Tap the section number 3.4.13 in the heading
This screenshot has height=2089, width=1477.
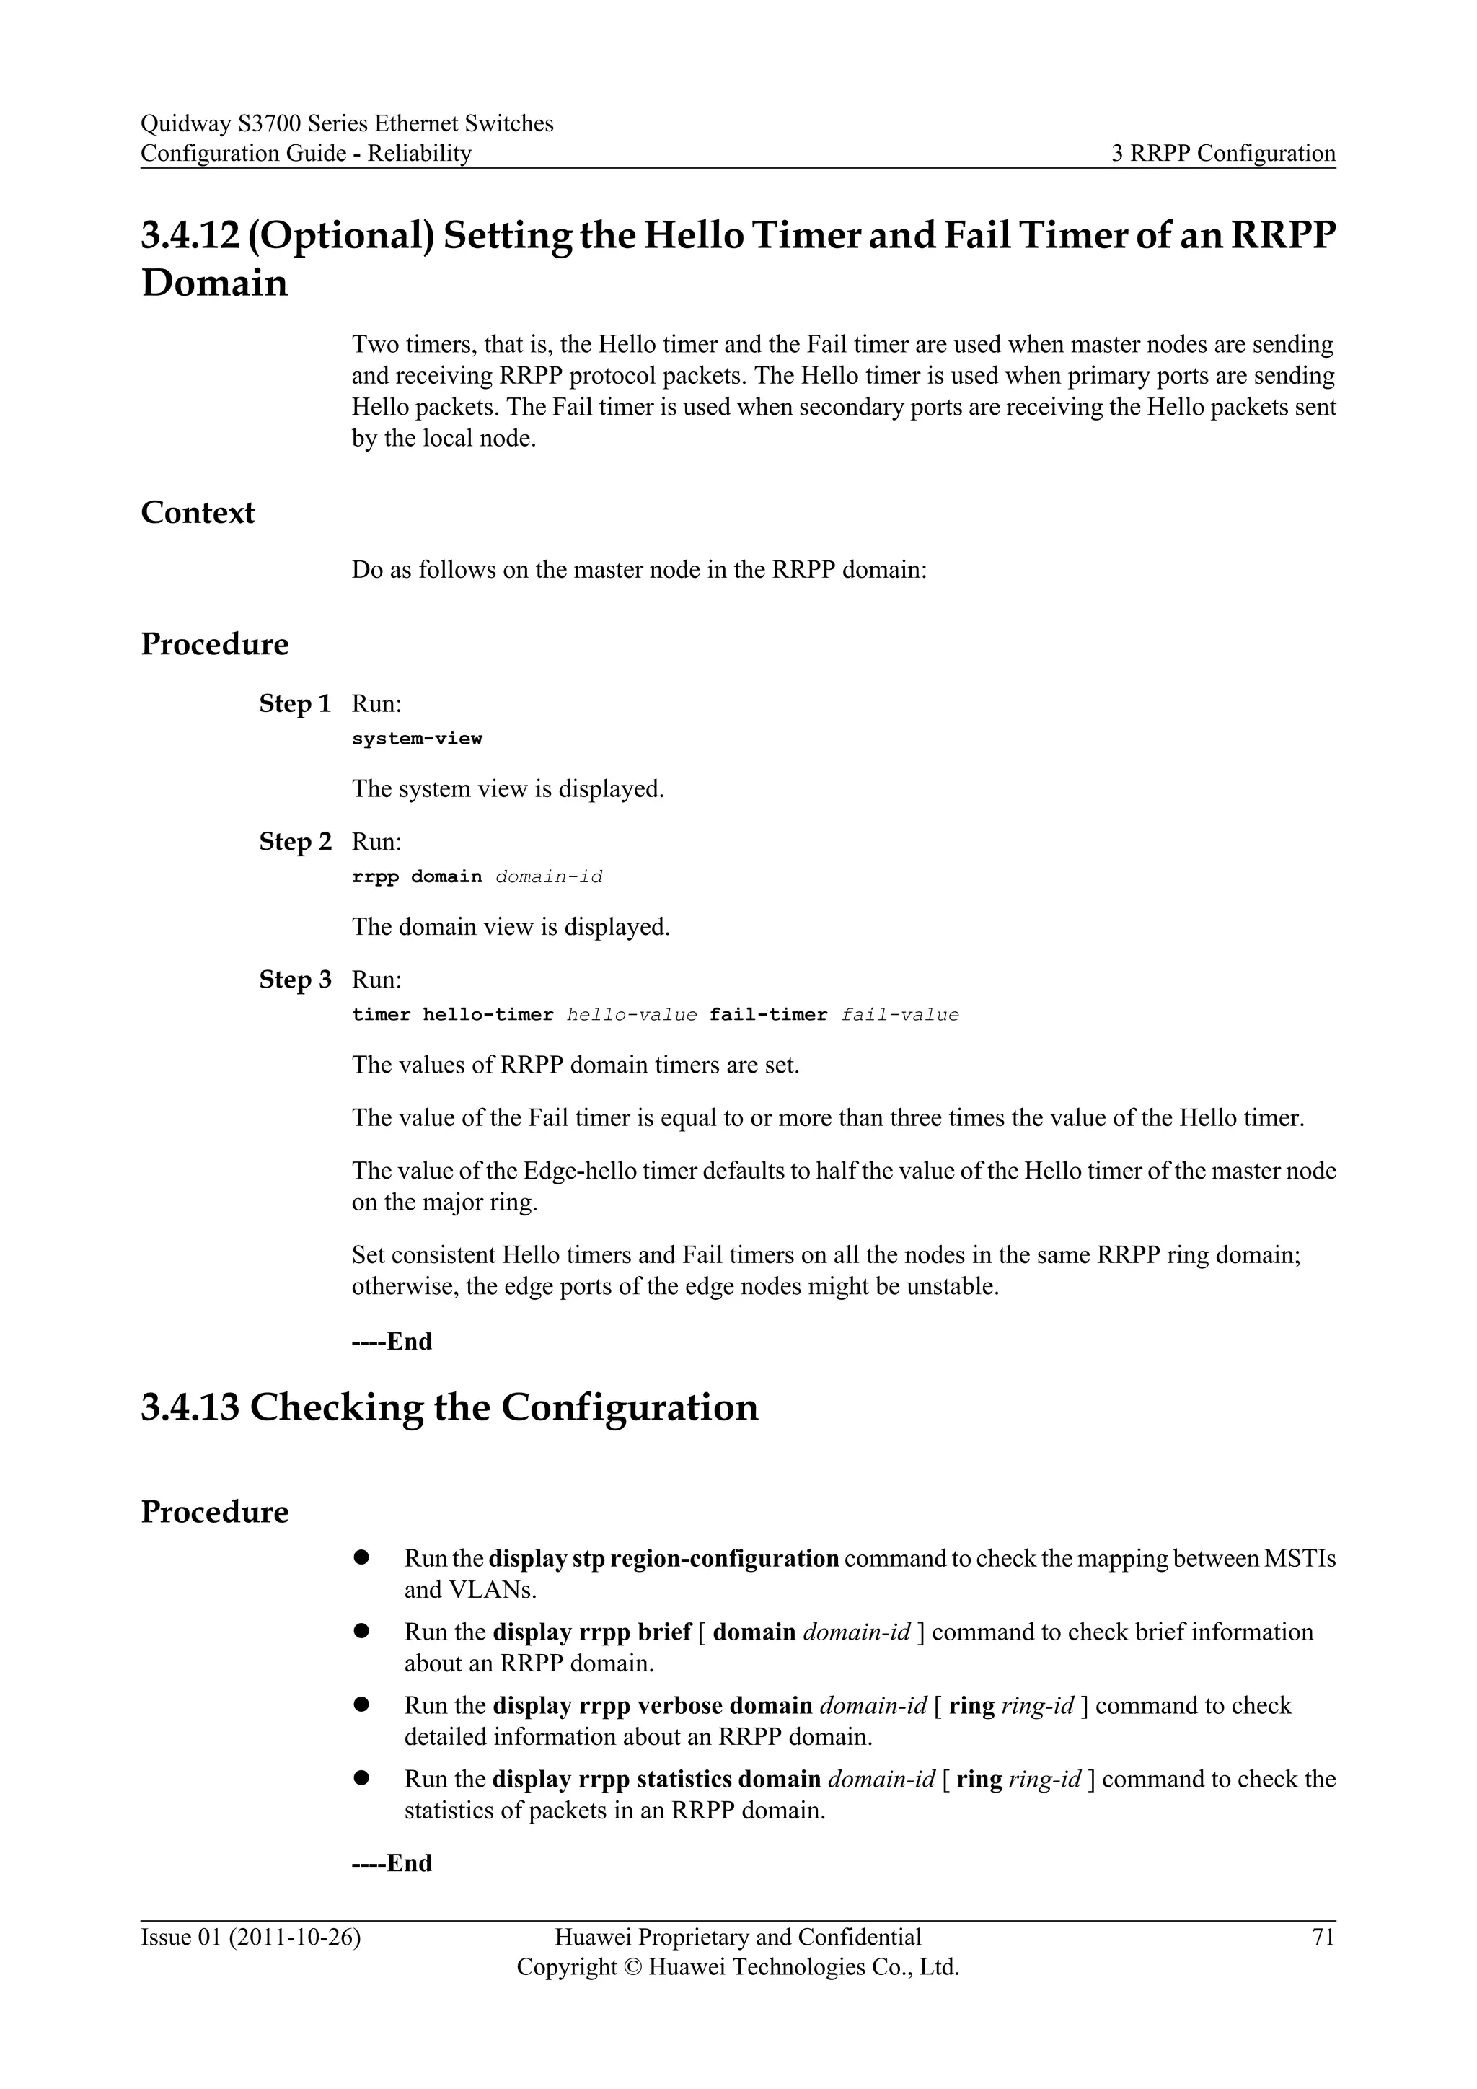click(189, 1407)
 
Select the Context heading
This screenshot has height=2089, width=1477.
click(198, 512)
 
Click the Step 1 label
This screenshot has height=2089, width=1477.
click(295, 703)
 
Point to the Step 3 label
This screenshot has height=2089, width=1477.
click(295, 980)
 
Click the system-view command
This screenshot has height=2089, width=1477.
click(417, 739)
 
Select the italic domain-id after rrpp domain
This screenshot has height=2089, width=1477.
click(548, 877)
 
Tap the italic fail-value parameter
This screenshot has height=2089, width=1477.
click(899, 1016)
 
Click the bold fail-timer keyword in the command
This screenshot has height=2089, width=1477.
click(769, 1016)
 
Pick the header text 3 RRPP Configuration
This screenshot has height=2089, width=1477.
click(1223, 153)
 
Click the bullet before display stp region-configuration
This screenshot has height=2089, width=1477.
click(361, 1557)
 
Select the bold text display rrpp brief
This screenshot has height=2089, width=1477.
click(592, 1632)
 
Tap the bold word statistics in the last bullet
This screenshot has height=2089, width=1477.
click(684, 1779)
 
